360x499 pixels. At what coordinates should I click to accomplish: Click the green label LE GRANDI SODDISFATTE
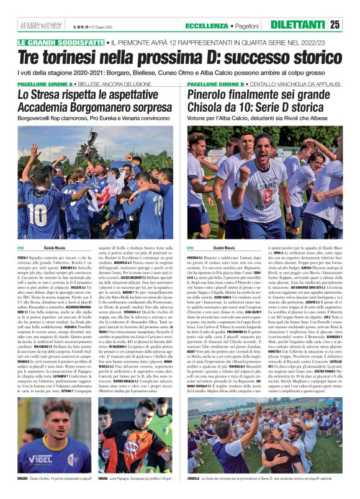(x=61, y=42)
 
